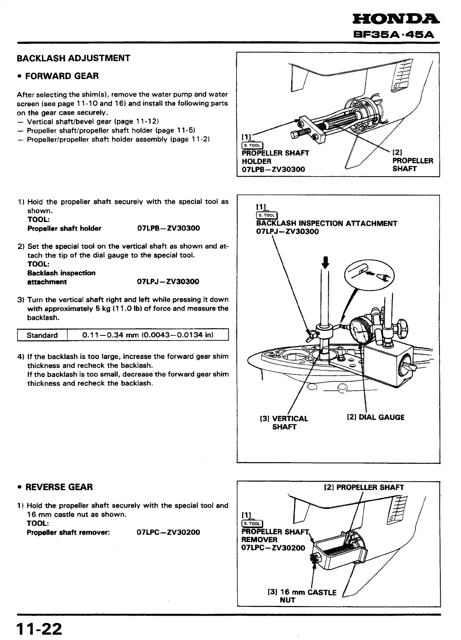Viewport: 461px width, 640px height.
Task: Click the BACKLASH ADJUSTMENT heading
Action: tap(74, 58)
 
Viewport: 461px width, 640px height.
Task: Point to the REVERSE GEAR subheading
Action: tap(59, 487)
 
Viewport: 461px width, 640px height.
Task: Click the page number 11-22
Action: tap(39, 629)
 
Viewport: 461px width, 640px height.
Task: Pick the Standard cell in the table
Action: tap(42, 335)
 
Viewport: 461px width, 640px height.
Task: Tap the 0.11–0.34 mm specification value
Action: tap(148, 335)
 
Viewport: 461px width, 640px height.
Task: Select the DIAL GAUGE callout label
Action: tap(375, 417)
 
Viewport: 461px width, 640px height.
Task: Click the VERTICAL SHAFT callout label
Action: tap(284, 423)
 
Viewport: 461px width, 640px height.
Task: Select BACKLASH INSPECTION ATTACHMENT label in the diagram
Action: tap(327, 223)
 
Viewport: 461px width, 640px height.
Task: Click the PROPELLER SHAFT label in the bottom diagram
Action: tap(364, 487)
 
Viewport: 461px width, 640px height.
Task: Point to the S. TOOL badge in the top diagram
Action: tap(252, 145)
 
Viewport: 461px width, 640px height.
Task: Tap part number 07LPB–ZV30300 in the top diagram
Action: tap(273, 169)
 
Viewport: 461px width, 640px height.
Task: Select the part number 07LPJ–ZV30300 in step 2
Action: tap(168, 282)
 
